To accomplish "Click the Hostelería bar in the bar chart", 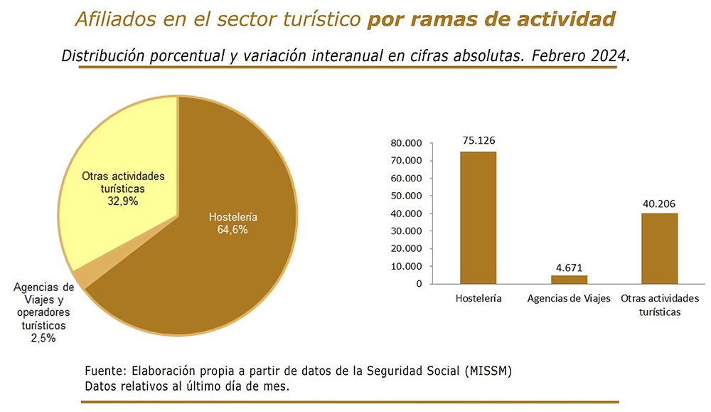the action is (x=478, y=218).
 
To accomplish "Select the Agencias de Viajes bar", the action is (x=569, y=280).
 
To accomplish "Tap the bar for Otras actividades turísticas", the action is (x=659, y=248).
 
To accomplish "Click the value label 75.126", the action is (x=479, y=141).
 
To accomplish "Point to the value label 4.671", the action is (x=569, y=268).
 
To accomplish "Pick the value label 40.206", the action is (x=659, y=204).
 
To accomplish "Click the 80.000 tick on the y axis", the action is (x=406, y=144).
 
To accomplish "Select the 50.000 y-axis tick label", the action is (x=406, y=196).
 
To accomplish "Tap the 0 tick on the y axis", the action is (x=419, y=284).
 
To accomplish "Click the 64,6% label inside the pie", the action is (x=232, y=230).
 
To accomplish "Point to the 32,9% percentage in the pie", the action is (x=122, y=201).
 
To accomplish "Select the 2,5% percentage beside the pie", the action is (x=43, y=338).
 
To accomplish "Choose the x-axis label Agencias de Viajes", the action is (x=569, y=299).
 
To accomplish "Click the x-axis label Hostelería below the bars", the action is (x=479, y=299).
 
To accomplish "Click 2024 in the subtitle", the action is (x=610, y=56).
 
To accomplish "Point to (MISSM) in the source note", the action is (x=488, y=371).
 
